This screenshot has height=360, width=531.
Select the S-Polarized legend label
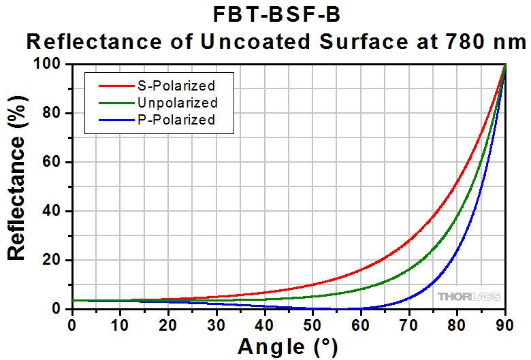176,86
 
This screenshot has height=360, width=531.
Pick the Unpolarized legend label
177,103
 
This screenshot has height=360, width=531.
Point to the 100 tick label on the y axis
52,64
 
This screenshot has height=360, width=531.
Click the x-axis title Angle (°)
287,346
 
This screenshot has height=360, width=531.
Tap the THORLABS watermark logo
469,297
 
